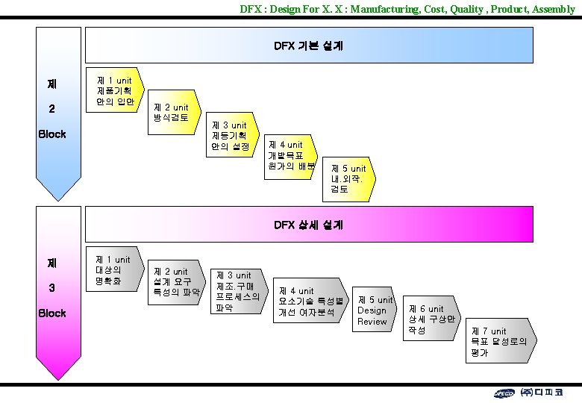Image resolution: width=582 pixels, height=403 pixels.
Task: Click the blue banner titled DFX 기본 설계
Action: (309, 46)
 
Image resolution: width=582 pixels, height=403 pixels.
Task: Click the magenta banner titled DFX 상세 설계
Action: (309, 224)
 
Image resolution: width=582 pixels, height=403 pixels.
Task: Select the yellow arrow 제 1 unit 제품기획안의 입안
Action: (114, 90)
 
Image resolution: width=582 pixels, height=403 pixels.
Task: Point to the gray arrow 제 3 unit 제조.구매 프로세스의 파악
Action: (237, 291)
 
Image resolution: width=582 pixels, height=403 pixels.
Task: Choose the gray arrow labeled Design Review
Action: (375, 310)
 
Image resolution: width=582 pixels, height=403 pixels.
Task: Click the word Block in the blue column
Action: (51, 134)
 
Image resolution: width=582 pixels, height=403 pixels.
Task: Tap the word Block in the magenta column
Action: (51, 313)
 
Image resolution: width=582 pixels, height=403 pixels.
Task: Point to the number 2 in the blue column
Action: (51, 109)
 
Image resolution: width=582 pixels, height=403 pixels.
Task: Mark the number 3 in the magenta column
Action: (51, 288)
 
